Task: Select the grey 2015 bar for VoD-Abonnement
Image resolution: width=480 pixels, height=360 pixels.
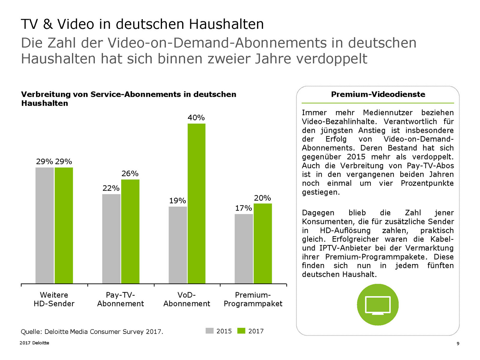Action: click(178, 245)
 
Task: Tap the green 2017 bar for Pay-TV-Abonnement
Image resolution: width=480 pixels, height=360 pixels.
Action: click(130, 231)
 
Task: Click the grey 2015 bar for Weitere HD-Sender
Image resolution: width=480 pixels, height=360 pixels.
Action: click(45, 225)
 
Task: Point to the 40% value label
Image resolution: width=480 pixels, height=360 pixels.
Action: click(196, 118)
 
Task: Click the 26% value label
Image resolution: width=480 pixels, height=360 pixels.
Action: click(130, 174)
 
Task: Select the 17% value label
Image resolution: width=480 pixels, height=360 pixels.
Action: click(243, 208)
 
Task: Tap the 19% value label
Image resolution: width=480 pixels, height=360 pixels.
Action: click(177, 201)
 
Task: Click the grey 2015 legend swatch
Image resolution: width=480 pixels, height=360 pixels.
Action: click(209, 331)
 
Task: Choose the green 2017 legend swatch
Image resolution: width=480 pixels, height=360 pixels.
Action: click(241, 331)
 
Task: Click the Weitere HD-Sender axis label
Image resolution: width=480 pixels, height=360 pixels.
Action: click(54, 299)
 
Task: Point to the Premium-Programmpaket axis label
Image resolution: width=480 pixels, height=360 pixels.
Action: click(253, 299)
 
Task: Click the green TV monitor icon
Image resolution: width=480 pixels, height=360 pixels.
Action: click(378, 305)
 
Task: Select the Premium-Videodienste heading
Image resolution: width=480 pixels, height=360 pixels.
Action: click(378, 94)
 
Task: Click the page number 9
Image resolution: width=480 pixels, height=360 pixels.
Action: click(458, 343)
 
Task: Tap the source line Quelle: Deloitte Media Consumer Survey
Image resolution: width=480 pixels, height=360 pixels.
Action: click(92, 331)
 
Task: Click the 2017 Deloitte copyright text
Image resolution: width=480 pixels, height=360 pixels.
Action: click(34, 343)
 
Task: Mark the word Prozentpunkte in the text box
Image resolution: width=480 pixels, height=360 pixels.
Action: click(427, 183)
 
